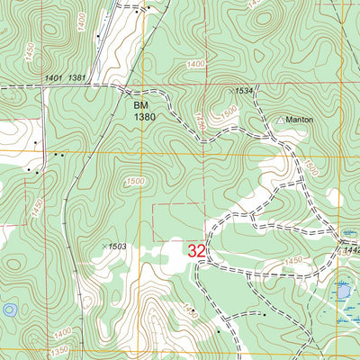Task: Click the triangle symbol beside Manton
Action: (x=281, y=119)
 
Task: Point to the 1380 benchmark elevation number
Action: (x=133, y=116)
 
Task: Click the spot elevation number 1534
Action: (x=243, y=91)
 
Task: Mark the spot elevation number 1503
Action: (x=118, y=245)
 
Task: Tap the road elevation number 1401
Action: (x=52, y=79)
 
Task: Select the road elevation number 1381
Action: (x=76, y=79)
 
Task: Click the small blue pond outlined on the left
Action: (x=9, y=310)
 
